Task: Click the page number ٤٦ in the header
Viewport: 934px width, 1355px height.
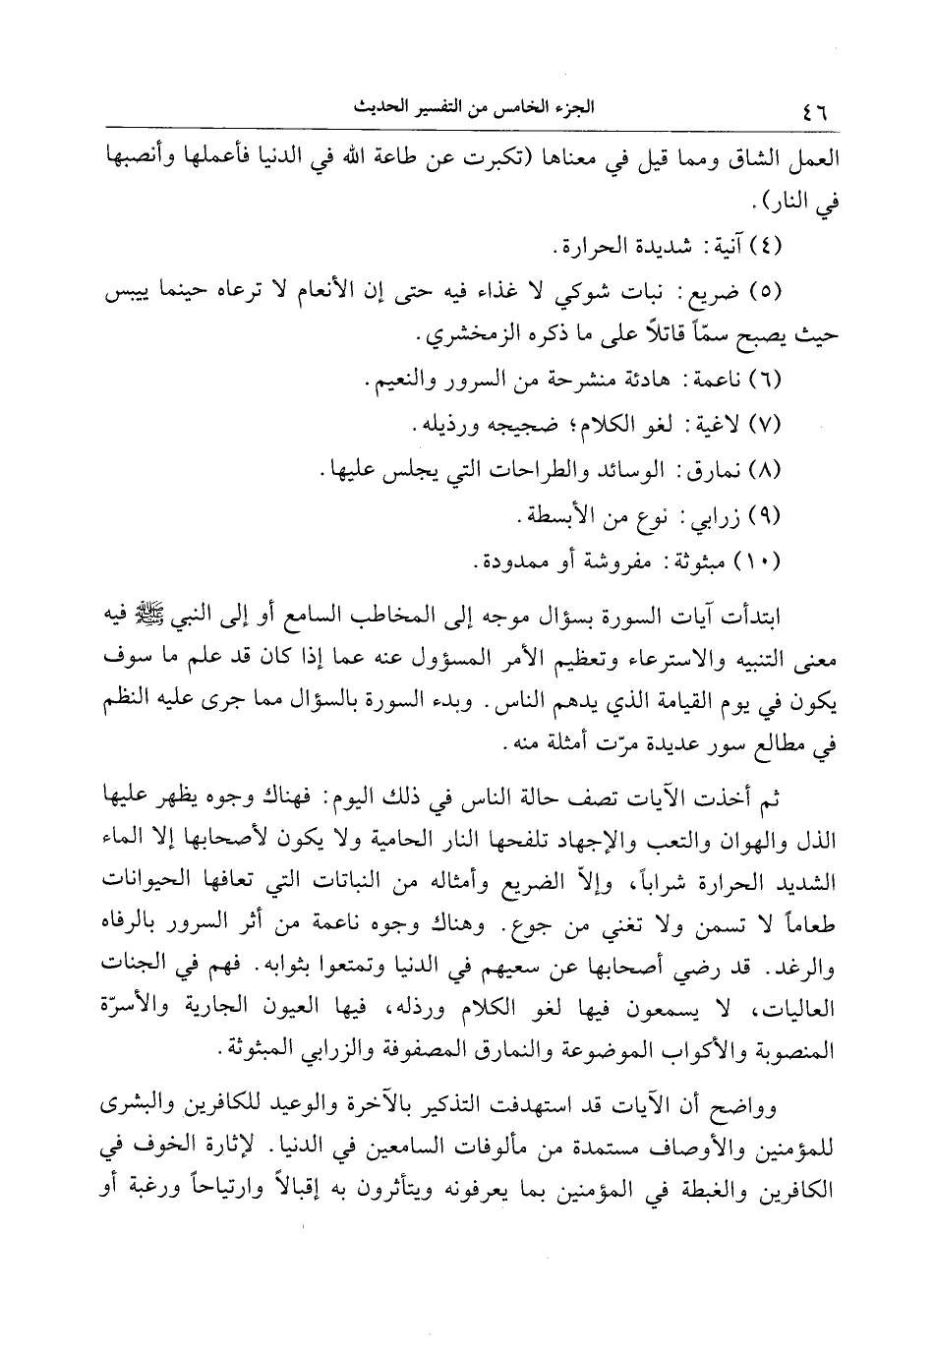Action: tap(814, 110)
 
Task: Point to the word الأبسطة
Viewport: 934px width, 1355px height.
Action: tap(555, 515)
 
